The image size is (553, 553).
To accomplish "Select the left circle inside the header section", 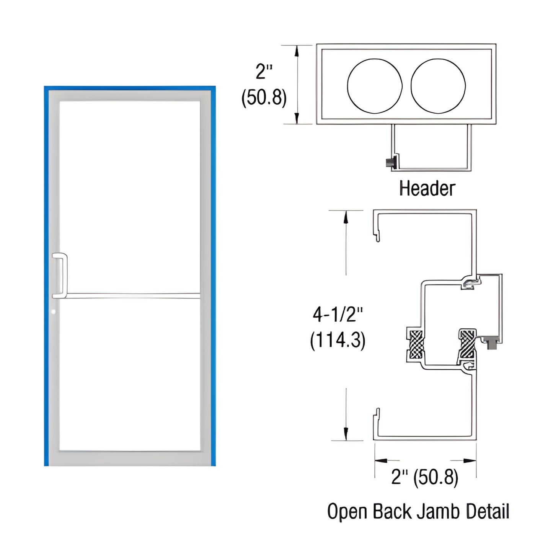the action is click(x=375, y=86).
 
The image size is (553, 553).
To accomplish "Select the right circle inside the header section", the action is click(x=438, y=86).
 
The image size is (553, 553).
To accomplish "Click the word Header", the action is click(x=427, y=189).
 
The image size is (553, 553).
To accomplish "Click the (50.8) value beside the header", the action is click(x=264, y=98).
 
